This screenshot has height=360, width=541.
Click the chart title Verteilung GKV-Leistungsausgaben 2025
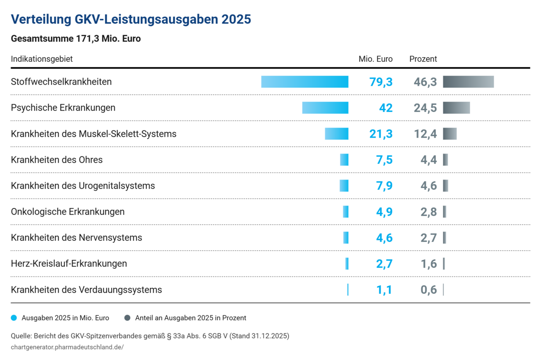click(131, 19)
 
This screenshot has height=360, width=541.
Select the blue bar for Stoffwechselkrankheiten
click(305, 82)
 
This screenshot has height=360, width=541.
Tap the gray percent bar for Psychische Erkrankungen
click(456, 108)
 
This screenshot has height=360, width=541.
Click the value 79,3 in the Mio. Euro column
click(381, 82)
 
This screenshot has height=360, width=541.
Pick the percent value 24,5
click(425, 108)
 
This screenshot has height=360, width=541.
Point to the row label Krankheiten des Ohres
click(57, 160)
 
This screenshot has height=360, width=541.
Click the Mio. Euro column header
click(376, 59)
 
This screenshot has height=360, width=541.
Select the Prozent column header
click(423, 59)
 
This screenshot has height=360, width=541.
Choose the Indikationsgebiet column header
click(42, 59)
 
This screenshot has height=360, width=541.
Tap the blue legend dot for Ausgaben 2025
click(14, 318)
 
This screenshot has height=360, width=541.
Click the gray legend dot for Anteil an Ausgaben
click(127, 318)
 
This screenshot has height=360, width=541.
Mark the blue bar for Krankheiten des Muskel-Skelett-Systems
click(337, 134)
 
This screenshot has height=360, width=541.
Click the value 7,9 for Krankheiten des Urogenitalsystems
click(384, 186)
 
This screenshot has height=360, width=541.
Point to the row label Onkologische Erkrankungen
click(68, 212)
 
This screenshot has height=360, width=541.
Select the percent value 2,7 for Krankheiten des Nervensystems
click(429, 238)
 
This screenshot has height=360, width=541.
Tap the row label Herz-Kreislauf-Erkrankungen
click(69, 263)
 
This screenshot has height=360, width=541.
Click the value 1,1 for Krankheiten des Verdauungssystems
click(384, 290)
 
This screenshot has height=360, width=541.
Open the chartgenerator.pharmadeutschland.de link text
click(67, 347)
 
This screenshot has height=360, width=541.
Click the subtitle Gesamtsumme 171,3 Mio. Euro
click(76, 39)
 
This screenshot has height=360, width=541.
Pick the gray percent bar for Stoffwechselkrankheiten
click(468, 82)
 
